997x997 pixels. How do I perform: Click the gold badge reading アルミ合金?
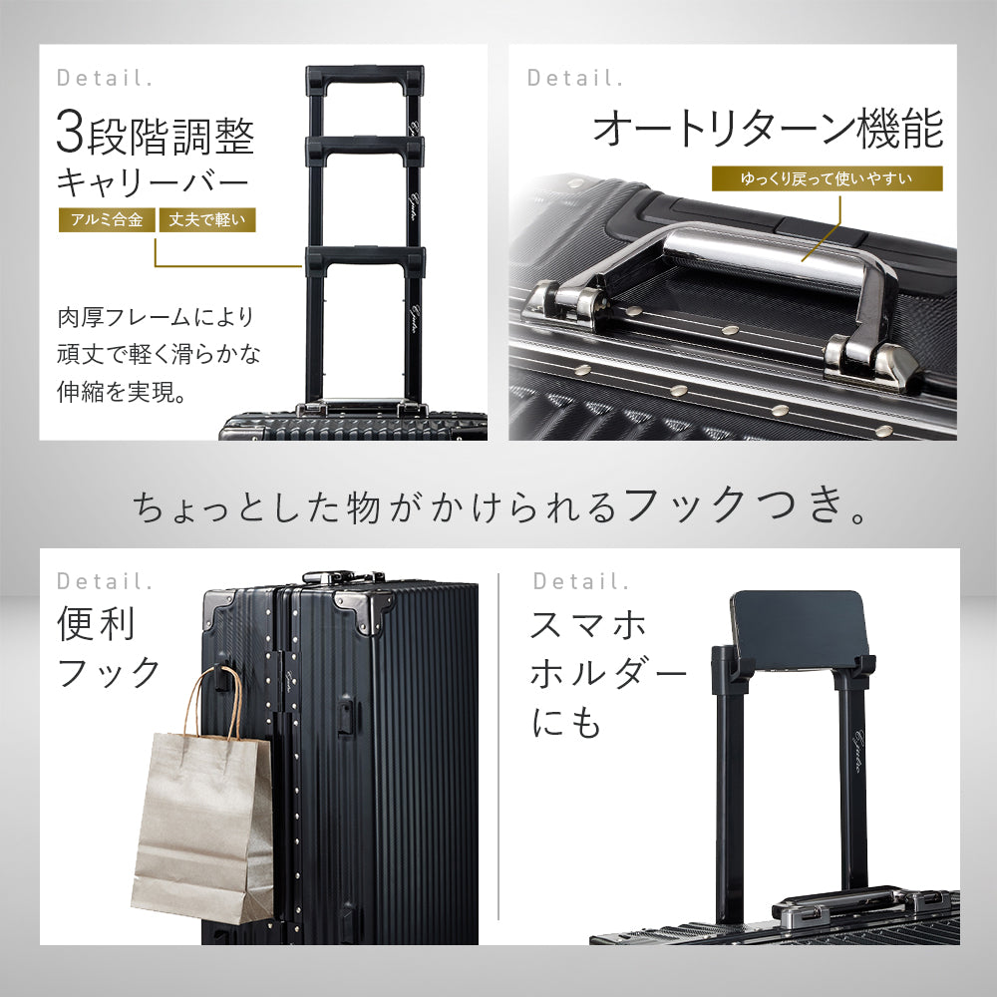106,219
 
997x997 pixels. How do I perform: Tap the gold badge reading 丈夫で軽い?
206,219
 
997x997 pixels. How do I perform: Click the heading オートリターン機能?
767,130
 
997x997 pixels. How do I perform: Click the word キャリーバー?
152,183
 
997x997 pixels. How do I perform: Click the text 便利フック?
107,648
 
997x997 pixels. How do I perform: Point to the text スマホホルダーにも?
607,675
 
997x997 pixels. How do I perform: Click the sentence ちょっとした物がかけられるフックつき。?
498,507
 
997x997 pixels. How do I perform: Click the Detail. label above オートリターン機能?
575,77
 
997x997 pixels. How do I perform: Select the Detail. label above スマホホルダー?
581,580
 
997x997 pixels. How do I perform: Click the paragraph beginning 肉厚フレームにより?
156,354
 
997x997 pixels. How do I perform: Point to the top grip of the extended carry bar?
365,76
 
